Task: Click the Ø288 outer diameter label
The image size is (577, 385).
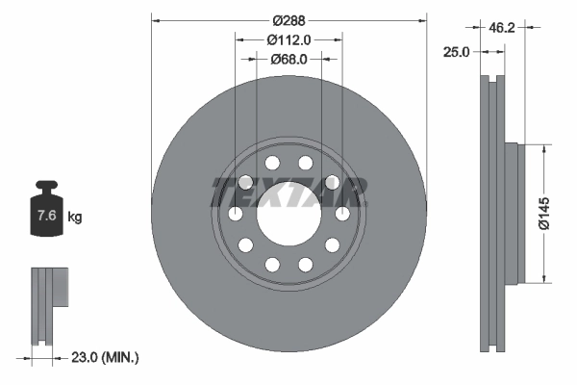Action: coord(288,19)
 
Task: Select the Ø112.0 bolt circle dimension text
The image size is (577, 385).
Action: coord(288,39)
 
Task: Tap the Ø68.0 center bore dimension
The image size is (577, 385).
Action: coord(288,59)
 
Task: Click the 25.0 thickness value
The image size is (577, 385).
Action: coord(455,52)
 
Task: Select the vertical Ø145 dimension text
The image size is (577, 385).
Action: coord(544,212)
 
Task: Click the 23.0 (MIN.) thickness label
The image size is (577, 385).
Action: coord(105,357)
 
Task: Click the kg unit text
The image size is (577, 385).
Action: coord(75,218)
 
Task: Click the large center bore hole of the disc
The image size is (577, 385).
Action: coord(288,214)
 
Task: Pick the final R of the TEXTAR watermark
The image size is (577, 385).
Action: coord(352,192)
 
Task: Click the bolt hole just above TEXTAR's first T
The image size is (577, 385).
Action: coord(244,181)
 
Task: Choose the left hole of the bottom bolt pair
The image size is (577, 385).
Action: coord(272,264)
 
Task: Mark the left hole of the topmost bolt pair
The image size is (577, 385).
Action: coord(272,163)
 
